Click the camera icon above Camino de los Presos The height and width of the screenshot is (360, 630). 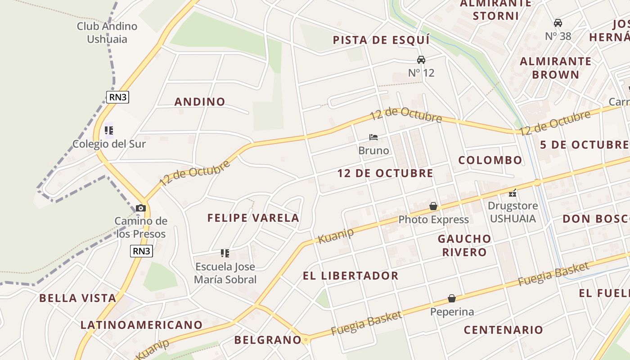pos(141,208)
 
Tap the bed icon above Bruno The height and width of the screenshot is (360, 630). pos(373,137)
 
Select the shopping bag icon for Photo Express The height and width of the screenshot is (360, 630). pos(433,207)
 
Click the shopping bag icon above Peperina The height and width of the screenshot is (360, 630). pos(452,298)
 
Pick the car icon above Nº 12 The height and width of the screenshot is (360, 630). pos(421,60)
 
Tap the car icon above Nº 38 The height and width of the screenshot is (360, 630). pos(558,23)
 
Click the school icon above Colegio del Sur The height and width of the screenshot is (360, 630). pos(108,130)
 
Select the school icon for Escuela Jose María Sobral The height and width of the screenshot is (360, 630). pos(225,253)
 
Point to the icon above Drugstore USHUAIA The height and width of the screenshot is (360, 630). pos(513,193)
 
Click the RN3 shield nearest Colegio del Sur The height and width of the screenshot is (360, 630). pos(117,97)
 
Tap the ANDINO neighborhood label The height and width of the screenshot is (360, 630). pos(200,102)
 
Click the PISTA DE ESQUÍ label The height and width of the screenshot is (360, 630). pos(381,40)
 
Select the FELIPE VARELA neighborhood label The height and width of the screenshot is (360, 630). pos(253,218)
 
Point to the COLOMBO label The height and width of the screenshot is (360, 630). pos(490,160)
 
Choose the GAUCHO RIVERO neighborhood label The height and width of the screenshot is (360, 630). pos(464,245)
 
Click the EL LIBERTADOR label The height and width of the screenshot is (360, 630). pos(351,276)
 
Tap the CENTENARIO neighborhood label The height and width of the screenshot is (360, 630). pos(504,330)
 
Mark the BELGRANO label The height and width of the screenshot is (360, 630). pos(267,340)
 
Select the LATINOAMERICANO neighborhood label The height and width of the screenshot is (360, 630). pos(141,325)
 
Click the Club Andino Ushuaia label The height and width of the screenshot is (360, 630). pos(107,32)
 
